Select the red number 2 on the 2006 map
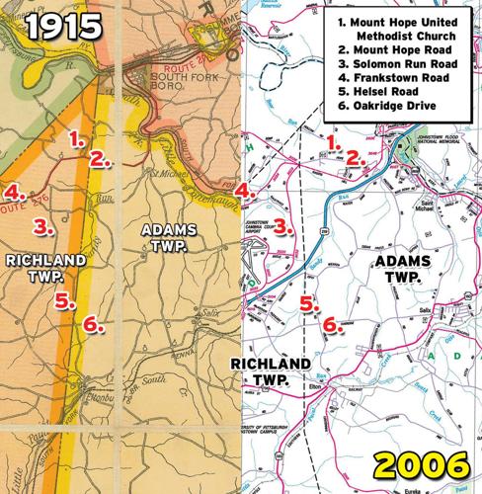click(352, 157)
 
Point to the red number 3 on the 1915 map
click(40, 226)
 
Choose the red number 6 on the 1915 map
click(90, 323)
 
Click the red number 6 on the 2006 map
click(331, 323)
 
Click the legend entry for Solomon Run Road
click(405, 64)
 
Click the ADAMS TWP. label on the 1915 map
click(168, 236)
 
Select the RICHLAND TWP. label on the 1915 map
click(45, 268)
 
